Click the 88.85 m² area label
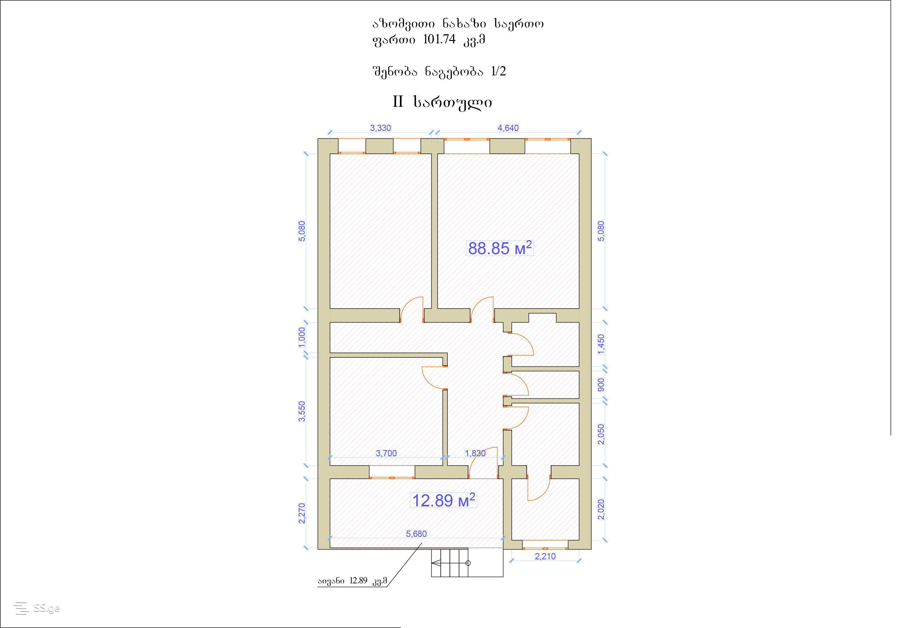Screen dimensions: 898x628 pyautogui.click(x=500, y=248)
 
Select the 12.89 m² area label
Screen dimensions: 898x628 pyautogui.click(x=444, y=500)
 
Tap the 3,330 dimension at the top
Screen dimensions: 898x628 pyautogui.click(x=381, y=128)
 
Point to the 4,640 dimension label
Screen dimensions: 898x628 pyautogui.click(x=508, y=128)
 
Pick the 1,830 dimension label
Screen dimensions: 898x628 pyautogui.click(x=475, y=453)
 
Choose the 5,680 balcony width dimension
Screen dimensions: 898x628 pyautogui.click(x=416, y=534)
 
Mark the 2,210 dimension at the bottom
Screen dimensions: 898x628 pyautogui.click(x=545, y=556)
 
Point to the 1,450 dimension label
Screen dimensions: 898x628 pyautogui.click(x=601, y=344)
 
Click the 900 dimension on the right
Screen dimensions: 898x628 pyautogui.click(x=601, y=384)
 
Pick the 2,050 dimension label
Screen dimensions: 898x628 pyautogui.click(x=601, y=434)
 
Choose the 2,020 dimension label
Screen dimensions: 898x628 pyautogui.click(x=601, y=509)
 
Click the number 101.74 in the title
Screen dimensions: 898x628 pyautogui.click(x=439, y=40)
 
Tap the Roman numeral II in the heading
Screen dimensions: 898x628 pyautogui.click(x=398, y=102)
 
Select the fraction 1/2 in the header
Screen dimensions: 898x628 pyautogui.click(x=498, y=71)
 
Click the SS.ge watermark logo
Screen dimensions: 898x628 pyautogui.click(x=36, y=608)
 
